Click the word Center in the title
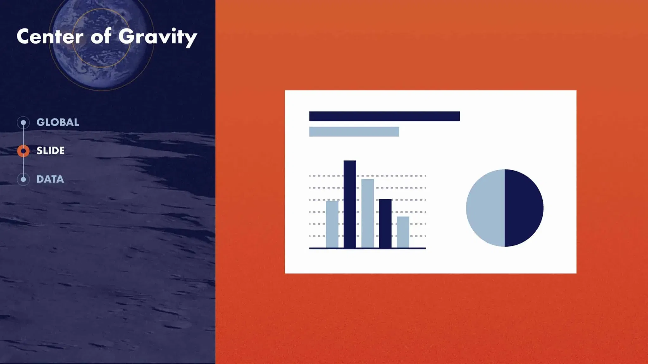50,36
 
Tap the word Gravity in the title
158,37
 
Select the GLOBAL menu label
58,122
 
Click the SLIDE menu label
51,151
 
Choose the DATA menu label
50,179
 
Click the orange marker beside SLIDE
23,151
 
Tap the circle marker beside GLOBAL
23,123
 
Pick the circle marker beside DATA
23,179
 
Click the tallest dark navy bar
350,204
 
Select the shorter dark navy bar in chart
385,223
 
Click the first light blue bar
332,224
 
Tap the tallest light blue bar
367,213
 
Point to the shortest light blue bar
403,232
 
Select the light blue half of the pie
486,208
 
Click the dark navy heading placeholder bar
384,116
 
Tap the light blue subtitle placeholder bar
354,132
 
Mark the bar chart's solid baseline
367,248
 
